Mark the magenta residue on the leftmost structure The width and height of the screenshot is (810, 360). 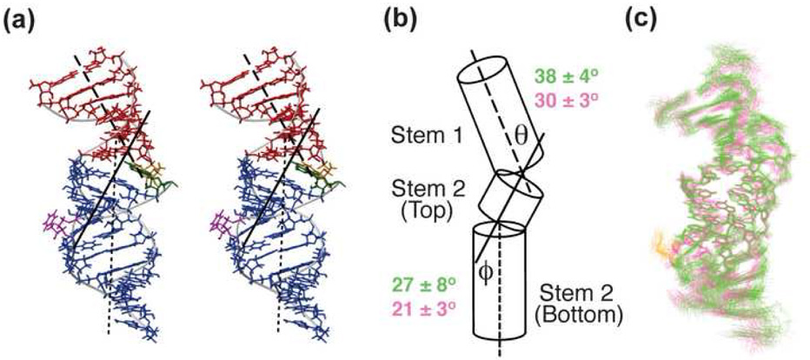pyautogui.click(x=54, y=228)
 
